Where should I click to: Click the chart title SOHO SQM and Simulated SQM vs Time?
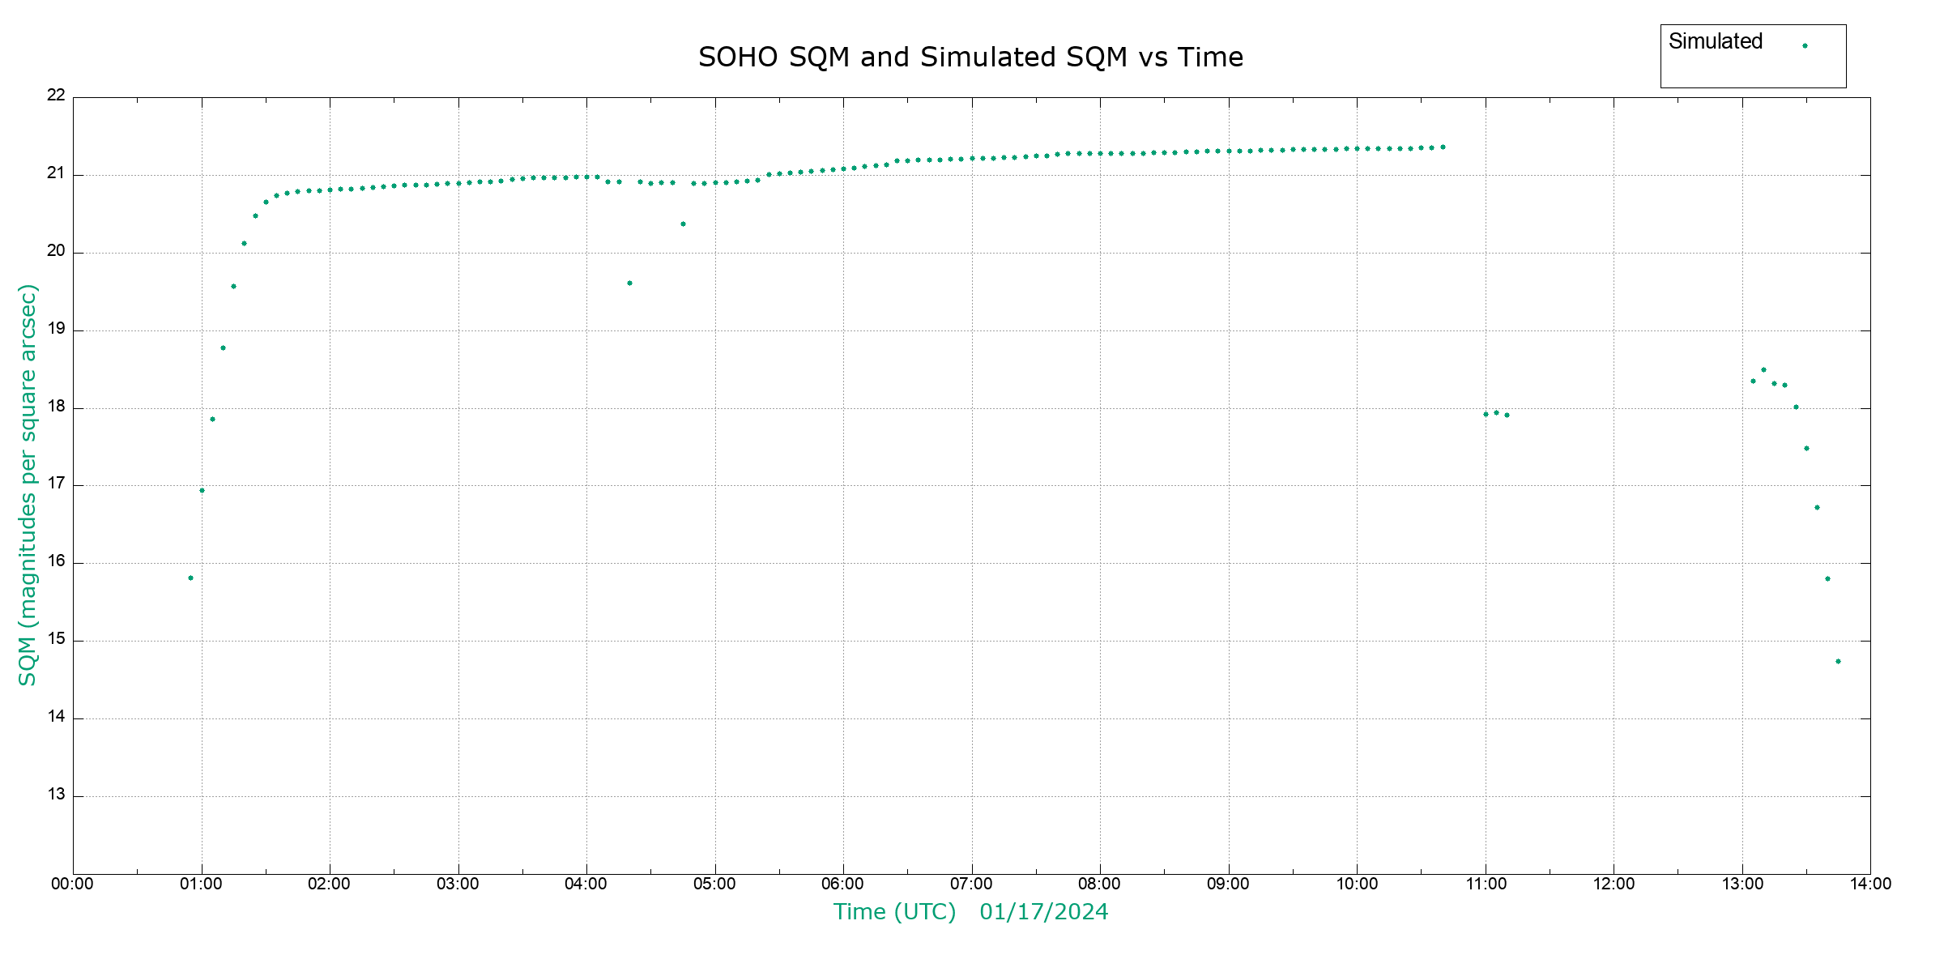(970, 58)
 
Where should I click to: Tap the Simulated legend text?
(1716, 41)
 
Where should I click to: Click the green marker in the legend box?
(1805, 46)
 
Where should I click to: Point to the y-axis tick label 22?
(56, 95)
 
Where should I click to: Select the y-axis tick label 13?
(56, 795)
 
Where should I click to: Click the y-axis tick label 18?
(56, 407)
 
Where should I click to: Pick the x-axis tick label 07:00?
(971, 884)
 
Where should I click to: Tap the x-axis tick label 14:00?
(1870, 884)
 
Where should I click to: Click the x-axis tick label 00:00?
(73, 884)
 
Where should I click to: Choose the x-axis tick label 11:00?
(1486, 884)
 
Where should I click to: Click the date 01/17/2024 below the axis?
(1043, 912)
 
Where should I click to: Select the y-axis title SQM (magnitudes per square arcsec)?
(28, 484)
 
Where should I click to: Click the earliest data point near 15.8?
(190, 578)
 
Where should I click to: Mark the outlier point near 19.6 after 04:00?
(629, 283)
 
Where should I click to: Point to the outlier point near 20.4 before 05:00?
(683, 224)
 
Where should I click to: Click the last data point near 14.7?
(1838, 662)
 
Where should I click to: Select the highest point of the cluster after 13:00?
(1763, 370)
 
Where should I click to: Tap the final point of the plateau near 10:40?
(1443, 147)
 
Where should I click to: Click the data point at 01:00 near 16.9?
(202, 491)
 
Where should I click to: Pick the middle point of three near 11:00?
(1496, 412)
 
